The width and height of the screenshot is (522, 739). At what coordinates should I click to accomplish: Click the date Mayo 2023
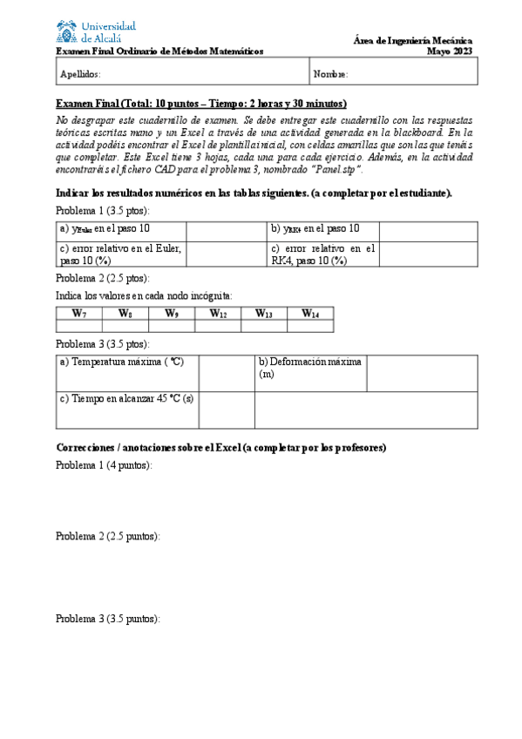450,51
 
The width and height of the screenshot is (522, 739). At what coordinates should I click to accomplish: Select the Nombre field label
331,75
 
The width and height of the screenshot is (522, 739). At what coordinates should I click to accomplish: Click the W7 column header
78,313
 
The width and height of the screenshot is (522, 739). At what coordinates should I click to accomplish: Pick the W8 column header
125,313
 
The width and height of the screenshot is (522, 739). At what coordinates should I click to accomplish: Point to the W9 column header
171,313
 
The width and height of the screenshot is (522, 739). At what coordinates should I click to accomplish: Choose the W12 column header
217,313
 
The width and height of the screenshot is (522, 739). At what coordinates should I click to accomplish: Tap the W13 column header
263,313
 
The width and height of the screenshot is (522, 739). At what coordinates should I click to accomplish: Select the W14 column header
309,313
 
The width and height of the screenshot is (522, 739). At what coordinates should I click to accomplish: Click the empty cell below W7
78,326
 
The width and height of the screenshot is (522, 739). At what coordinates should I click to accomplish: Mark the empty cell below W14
309,326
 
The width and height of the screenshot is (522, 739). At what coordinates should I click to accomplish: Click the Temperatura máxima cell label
121,361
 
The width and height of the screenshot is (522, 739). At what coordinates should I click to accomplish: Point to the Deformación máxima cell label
310,367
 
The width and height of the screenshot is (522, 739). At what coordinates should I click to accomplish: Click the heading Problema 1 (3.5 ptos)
102,211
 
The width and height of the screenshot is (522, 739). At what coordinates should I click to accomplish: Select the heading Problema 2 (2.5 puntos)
107,536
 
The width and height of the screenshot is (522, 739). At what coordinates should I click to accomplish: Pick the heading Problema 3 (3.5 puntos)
107,619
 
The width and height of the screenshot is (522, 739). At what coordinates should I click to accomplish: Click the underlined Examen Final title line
200,103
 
